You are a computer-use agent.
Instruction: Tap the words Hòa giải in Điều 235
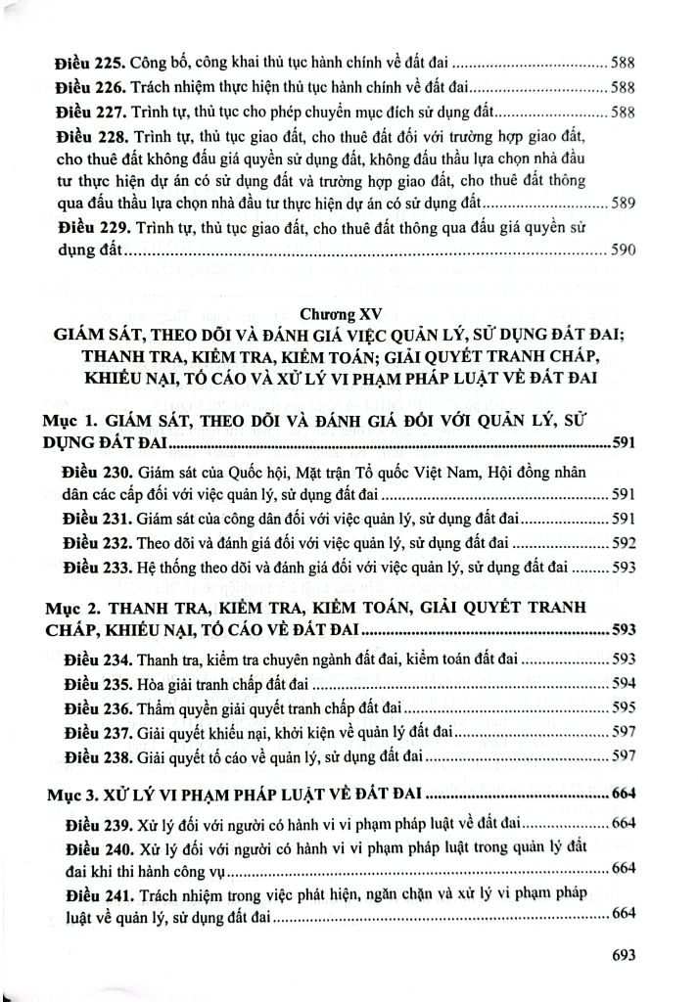(161, 682)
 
